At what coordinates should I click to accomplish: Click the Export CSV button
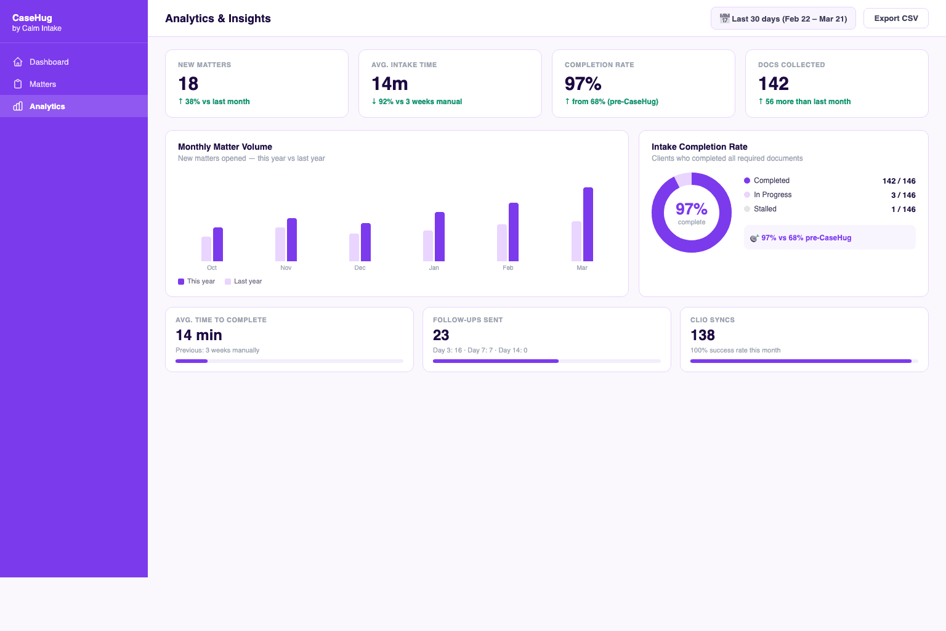tap(895, 18)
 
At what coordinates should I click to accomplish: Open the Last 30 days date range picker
tap(783, 18)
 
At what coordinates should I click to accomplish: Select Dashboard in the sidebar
tap(49, 62)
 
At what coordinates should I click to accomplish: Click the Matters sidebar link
tap(42, 84)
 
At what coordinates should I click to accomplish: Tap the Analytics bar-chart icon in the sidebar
tap(18, 107)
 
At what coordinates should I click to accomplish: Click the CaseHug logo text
tap(32, 18)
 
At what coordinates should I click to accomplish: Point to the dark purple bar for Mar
tap(588, 224)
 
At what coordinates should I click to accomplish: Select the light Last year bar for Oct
tap(206, 249)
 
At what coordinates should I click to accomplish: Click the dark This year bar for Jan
tap(440, 237)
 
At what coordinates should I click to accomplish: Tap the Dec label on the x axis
tap(360, 268)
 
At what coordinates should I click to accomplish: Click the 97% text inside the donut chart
tap(691, 209)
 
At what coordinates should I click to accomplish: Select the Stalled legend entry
tap(764, 209)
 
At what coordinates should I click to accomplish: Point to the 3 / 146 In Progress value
tap(903, 195)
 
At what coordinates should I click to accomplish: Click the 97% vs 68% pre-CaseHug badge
tap(806, 238)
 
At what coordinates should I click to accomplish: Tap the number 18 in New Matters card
tap(188, 84)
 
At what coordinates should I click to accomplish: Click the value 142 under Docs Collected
tap(774, 84)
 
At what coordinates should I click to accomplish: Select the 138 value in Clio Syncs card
tap(703, 335)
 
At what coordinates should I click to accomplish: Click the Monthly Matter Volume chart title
tap(225, 147)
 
